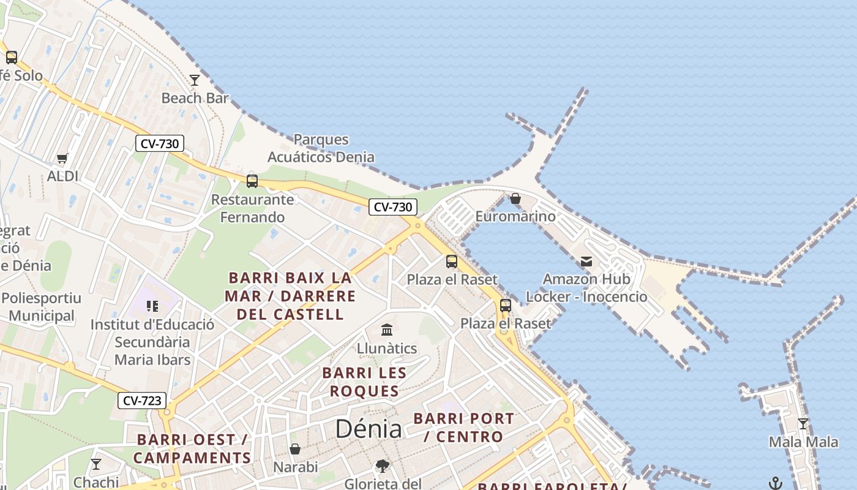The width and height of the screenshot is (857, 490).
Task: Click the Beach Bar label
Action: click(195, 98)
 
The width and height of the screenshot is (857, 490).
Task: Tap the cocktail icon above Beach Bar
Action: click(195, 80)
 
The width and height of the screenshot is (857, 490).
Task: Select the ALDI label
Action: click(62, 176)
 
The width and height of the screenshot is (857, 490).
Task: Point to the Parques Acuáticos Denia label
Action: click(321, 148)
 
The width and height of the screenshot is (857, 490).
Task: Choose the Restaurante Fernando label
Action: click(252, 208)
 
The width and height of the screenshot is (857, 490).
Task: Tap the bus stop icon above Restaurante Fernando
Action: click(252, 181)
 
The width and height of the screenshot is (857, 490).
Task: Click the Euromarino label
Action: click(515, 216)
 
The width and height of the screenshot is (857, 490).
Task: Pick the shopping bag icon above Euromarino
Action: click(515, 199)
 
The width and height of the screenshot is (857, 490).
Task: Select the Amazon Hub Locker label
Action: click(586, 288)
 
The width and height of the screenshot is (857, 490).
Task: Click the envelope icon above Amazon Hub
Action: click(586, 262)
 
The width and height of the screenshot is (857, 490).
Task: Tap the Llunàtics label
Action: click(387, 349)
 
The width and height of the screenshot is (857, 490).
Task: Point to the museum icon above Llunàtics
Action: click(387, 331)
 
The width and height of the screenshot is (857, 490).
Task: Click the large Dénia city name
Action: click(369, 429)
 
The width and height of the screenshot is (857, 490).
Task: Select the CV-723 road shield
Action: click(142, 401)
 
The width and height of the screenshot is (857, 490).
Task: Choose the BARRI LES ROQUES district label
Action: click(364, 382)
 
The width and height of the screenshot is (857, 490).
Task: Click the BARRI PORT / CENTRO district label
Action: click(463, 428)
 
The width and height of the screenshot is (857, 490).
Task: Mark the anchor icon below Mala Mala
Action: click(776, 483)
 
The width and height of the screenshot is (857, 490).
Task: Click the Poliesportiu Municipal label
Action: click(41, 307)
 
